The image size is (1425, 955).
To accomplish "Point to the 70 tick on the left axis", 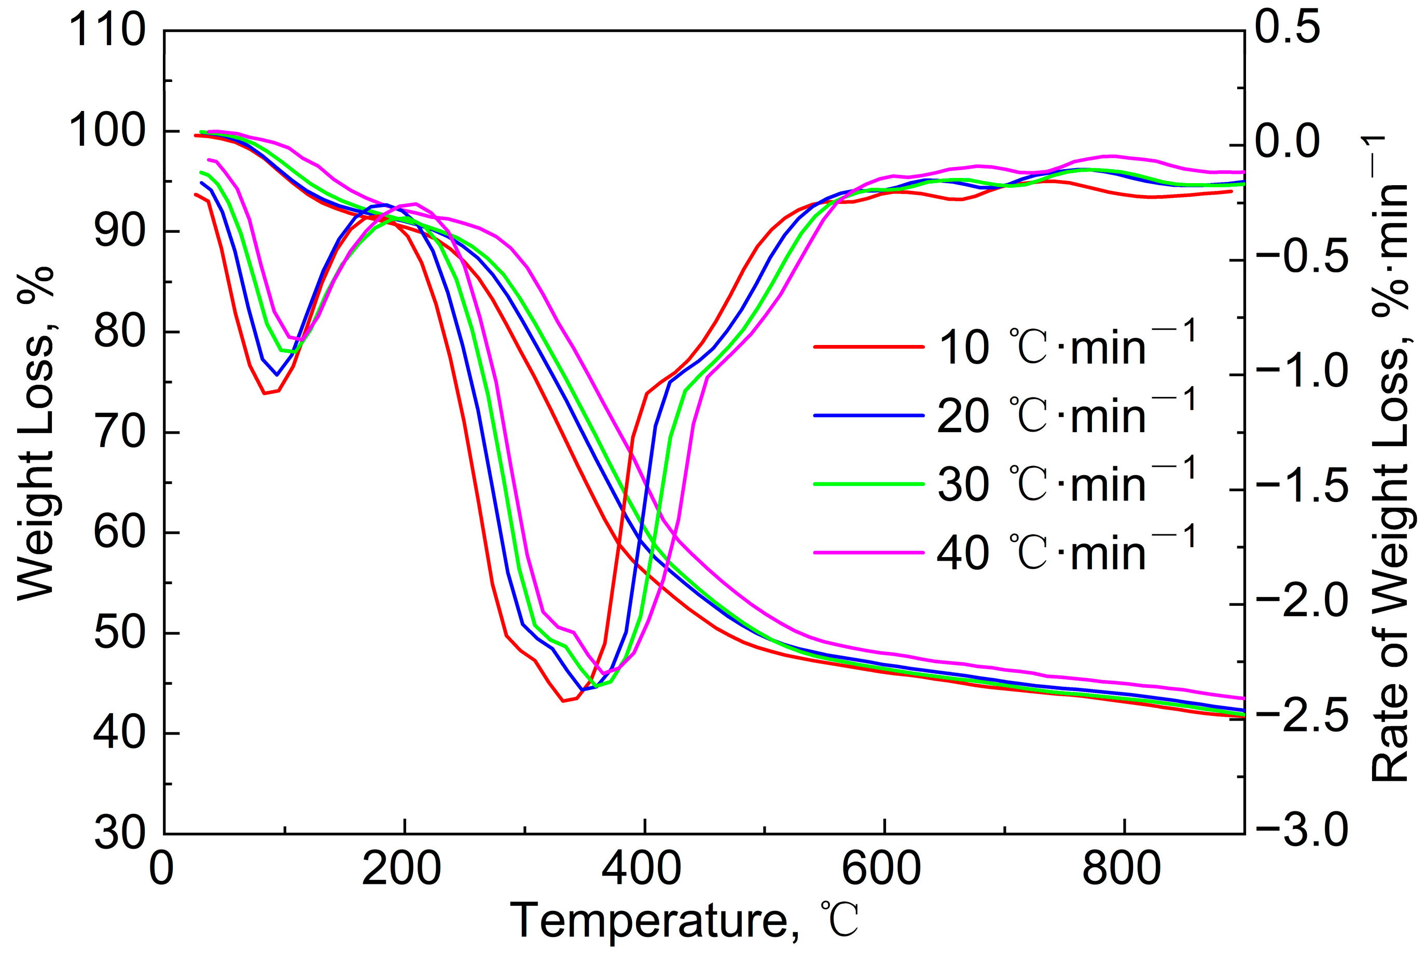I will click(120, 433).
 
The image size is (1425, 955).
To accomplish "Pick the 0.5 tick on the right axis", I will click(1288, 28).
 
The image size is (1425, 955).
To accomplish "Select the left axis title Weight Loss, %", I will click(35, 433).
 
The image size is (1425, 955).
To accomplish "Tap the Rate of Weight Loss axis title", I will click(1390, 460).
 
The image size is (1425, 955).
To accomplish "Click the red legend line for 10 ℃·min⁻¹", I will click(868, 347).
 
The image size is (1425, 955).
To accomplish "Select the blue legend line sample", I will click(868, 416).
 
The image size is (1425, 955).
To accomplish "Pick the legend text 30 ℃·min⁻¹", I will click(1066, 484).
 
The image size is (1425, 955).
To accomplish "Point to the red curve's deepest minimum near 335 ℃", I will click(563, 701).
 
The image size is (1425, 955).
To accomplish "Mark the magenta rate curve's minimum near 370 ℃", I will click(604, 673).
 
